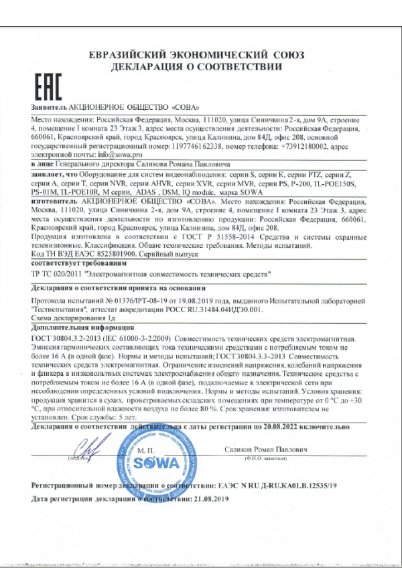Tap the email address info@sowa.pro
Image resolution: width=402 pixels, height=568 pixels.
pos(111,154)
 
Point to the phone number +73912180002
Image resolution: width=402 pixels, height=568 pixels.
pos(293,145)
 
